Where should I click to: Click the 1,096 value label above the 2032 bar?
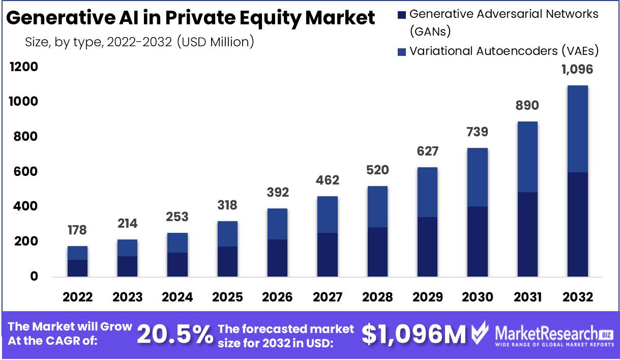[577, 70]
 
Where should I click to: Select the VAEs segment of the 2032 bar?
[577, 129]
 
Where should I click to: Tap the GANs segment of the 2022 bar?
[77, 268]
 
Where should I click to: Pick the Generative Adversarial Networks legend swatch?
[401, 15]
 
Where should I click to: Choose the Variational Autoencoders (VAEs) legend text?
[504, 51]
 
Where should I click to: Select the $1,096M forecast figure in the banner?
[414, 335]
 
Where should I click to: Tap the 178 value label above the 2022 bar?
[77, 230]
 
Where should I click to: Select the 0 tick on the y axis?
[34, 277]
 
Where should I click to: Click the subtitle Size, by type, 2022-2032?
[139, 42]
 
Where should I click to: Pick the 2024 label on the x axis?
[176, 297]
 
